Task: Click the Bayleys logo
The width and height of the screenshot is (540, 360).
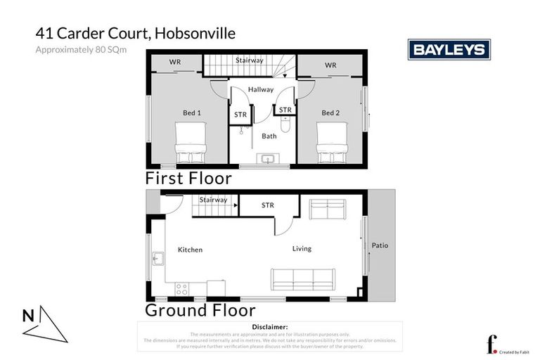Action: (449, 49)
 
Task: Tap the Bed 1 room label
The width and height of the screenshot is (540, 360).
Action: (192, 112)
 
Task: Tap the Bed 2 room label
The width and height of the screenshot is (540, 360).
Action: (330, 112)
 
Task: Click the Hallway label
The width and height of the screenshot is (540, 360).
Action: (260, 89)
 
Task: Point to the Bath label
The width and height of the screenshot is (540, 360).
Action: (269, 136)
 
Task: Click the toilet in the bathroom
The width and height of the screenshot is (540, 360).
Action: (285, 125)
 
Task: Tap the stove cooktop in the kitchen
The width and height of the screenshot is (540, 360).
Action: (181, 288)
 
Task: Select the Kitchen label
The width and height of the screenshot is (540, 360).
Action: (190, 250)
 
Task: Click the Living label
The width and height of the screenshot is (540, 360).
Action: (302, 248)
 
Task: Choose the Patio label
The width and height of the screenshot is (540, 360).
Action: (380, 245)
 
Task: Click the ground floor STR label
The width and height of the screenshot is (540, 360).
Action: (267, 205)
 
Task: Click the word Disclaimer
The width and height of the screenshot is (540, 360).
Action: (269, 327)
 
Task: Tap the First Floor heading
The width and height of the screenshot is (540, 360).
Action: (188, 178)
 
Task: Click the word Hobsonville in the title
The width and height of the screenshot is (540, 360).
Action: (192, 33)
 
